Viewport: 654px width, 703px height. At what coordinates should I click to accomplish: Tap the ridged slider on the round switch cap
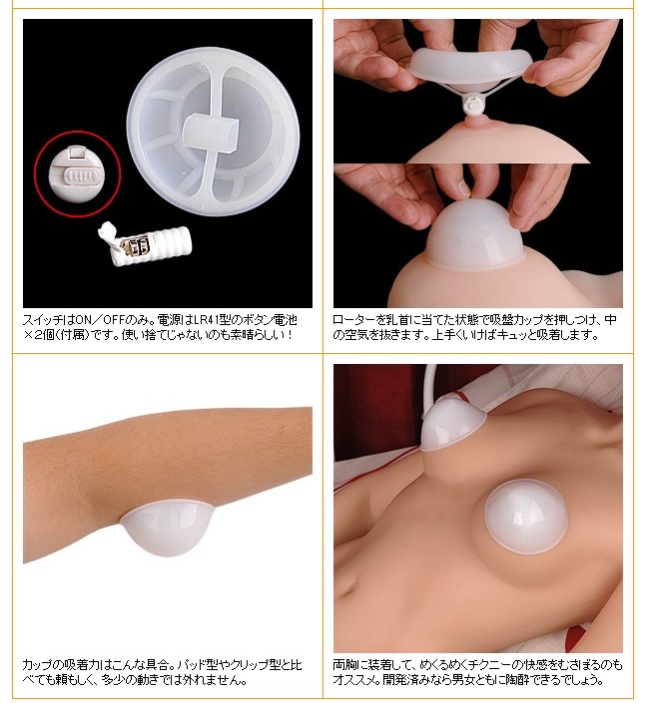click(80, 176)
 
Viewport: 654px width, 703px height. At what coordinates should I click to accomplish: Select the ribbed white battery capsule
click(144, 242)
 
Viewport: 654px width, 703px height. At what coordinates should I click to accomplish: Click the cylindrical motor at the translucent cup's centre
click(211, 132)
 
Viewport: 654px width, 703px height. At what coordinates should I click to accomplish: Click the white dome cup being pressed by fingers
click(475, 234)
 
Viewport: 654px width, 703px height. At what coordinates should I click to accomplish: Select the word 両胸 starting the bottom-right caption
click(343, 665)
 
